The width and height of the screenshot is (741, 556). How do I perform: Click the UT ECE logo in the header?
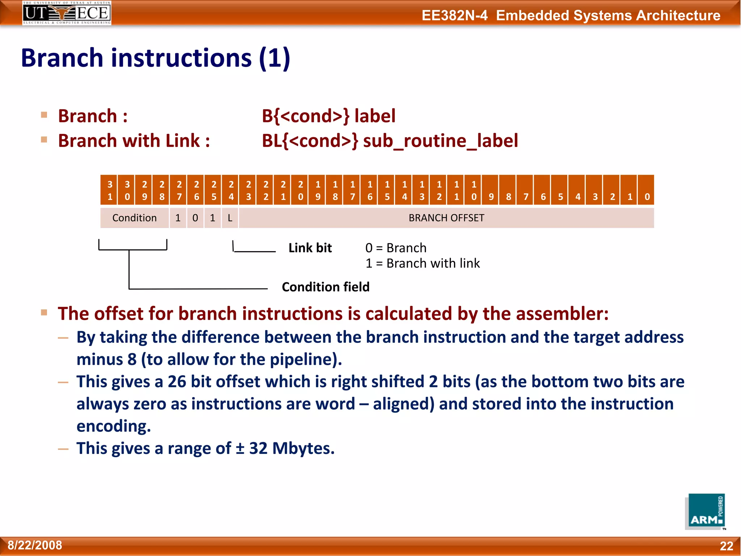pyautogui.click(x=67, y=13)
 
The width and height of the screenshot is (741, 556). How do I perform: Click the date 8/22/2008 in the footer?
pyautogui.click(x=35, y=545)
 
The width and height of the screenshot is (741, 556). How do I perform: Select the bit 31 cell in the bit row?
pyautogui.click(x=110, y=190)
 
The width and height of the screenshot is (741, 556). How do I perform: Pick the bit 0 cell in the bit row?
pyautogui.click(x=647, y=190)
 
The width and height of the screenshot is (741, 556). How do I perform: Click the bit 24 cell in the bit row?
pyautogui.click(x=231, y=190)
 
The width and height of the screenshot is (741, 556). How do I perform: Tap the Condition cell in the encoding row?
pyautogui.click(x=134, y=218)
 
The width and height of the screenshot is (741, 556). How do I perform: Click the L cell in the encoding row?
pyautogui.click(x=230, y=218)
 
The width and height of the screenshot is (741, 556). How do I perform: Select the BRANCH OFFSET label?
pyautogui.click(x=446, y=218)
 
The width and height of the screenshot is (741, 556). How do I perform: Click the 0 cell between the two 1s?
pyautogui.click(x=195, y=218)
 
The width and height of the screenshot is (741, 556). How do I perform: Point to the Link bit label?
pyautogui.click(x=310, y=248)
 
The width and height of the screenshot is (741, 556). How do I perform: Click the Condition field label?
pyautogui.click(x=326, y=287)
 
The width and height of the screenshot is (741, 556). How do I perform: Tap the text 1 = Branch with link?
pyautogui.click(x=422, y=264)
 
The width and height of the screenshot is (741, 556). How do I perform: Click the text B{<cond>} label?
pyautogui.click(x=328, y=116)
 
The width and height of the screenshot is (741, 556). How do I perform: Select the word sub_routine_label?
pyautogui.click(x=440, y=141)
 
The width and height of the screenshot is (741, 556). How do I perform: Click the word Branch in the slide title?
pyautogui.click(x=62, y=58)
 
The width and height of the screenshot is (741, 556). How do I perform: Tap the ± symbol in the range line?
pyautogui.click(x=240, y=448)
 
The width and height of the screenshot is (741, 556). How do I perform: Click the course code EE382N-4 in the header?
pyautogui.click(x=454, y=16)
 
